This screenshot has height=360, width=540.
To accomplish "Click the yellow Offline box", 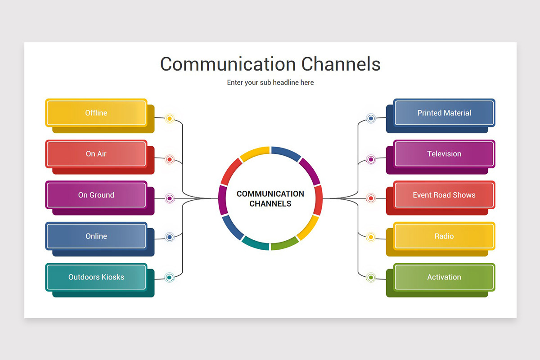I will click(x=96, y=113).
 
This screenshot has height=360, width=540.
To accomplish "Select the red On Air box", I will click(x=96, y=154).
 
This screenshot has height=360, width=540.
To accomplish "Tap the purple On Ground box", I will click(x=96, y=195).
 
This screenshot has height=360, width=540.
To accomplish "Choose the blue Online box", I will click(x=96, y=236).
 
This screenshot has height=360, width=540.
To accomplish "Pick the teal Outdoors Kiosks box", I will click(x=96, y=277).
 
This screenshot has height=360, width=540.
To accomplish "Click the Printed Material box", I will click(x=444, y=113).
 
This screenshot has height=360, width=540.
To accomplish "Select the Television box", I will click(x=444, y=154).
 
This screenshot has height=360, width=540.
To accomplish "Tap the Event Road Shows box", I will click(x=444, y=195).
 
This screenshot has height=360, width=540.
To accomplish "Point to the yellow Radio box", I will click(x=444, y=236).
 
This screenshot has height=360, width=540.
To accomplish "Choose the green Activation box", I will click(x=444, y=277).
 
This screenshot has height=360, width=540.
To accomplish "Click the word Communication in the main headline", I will click(x=228, y=64).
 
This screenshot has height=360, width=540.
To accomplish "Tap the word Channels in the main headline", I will click(x=341, y=64).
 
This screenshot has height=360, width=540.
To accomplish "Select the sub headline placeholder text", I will click(x=270, y=83).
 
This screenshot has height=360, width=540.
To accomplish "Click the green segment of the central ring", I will click(x=284, y=243).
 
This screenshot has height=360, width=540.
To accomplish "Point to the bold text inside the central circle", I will click(x=270, y=198).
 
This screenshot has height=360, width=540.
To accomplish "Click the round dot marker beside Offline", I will click(x=170, y=119).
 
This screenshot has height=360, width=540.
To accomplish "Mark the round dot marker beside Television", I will click(x=371, y=159).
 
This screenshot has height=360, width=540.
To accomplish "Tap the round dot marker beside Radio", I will click(x=371, y=237).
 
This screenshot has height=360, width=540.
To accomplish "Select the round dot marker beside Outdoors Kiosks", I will click(x=170, y=278).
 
